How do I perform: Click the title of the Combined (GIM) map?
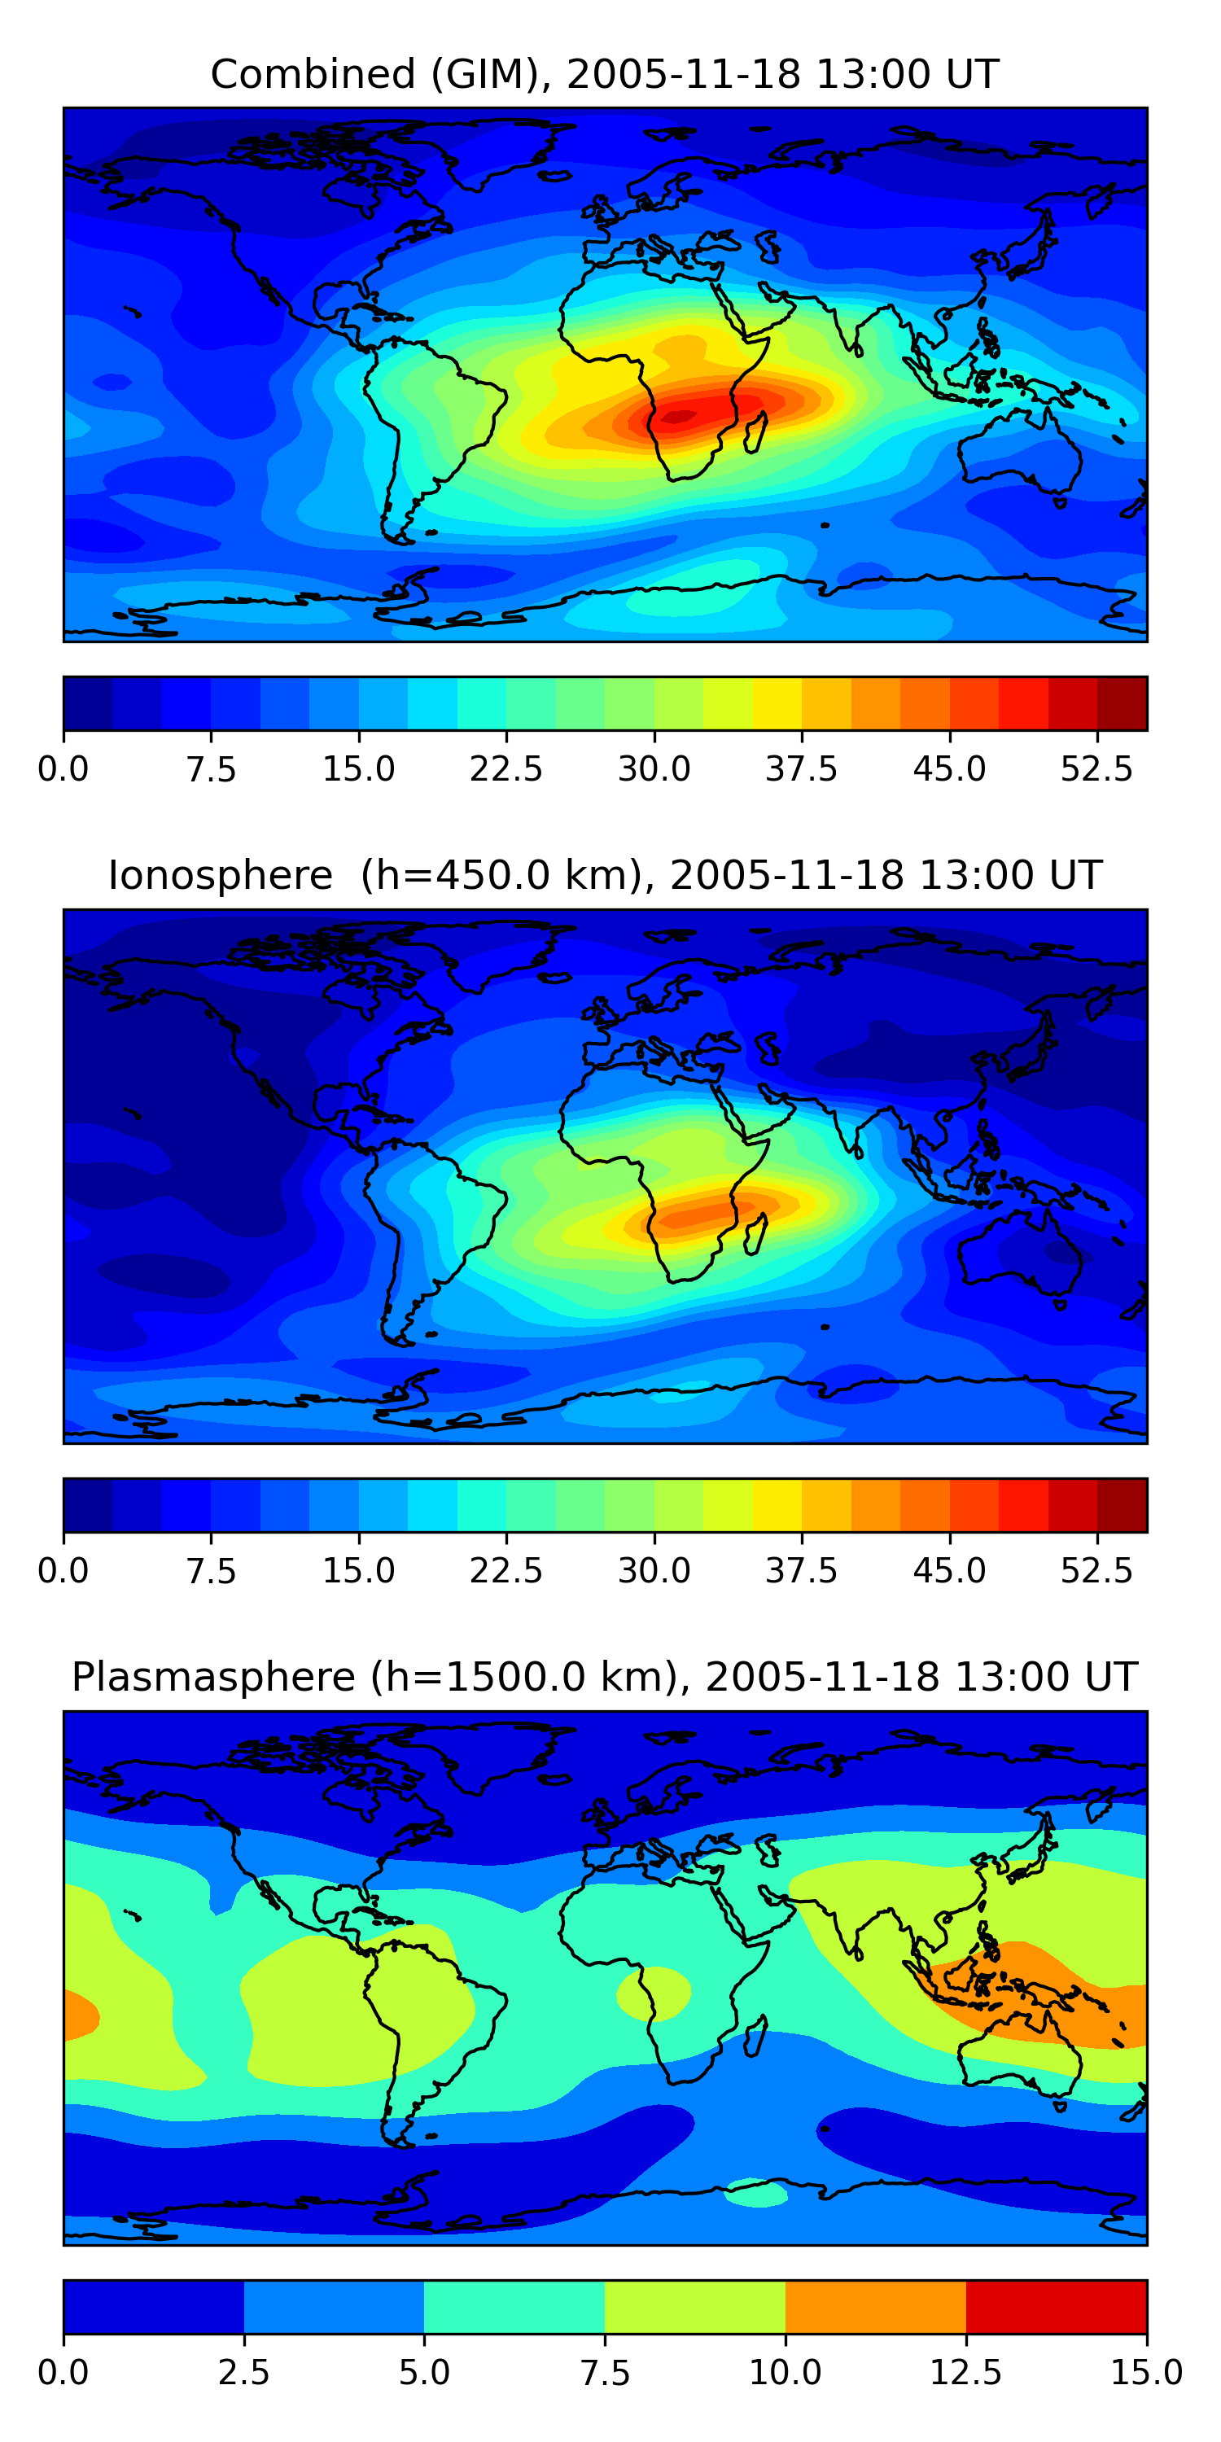(605, 74)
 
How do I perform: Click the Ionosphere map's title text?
(605, 875)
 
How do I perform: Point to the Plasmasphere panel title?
(605, 1677)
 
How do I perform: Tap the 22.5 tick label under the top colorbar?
(506, 768)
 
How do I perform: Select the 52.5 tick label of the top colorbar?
(1096, 768)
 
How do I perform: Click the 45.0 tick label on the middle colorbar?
(949, 1571)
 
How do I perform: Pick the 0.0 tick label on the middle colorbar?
(63, 1571)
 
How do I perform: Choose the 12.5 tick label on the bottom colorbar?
(966, 2373)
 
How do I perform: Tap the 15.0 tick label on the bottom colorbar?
(1146, 2373)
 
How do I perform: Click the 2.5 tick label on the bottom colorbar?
(243, 2373)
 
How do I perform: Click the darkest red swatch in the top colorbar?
(1123, 703)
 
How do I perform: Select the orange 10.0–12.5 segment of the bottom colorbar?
(876, 2306)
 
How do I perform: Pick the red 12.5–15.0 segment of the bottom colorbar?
(1056, 2306)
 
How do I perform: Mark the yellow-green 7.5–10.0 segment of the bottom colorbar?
(695, 2306)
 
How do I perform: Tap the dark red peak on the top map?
(681, 415)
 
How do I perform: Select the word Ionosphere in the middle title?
(221, 875)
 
